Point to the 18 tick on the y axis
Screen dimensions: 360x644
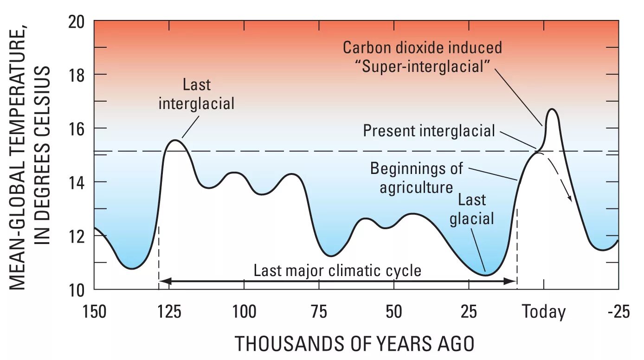point(78,75)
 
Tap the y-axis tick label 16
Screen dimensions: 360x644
point(78,129)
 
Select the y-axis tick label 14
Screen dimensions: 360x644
point(78,182)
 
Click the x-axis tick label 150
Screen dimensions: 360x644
point(95,312)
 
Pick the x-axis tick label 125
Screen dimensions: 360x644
point(169,312)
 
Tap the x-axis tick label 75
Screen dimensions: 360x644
point(319,312)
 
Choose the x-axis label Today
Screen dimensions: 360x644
point(544,312)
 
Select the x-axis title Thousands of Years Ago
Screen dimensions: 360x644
point(354,344)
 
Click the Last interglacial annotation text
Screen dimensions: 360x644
point(196,94)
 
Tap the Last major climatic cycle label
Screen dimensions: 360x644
point(337,270)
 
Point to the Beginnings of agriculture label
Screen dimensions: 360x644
point(416,178)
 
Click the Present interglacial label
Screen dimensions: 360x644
point(429,131)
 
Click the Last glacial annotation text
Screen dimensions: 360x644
point(472,209)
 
